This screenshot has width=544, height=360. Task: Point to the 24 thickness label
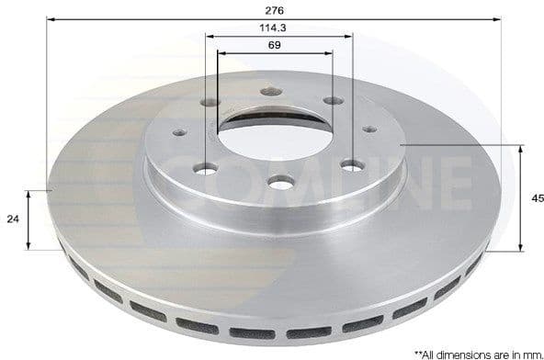coord(13,219)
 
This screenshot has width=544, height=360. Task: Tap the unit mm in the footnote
coord(533,353)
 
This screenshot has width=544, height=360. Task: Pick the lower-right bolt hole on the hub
coord(352,165)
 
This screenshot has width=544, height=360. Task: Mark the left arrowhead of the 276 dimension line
coord(50,18)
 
